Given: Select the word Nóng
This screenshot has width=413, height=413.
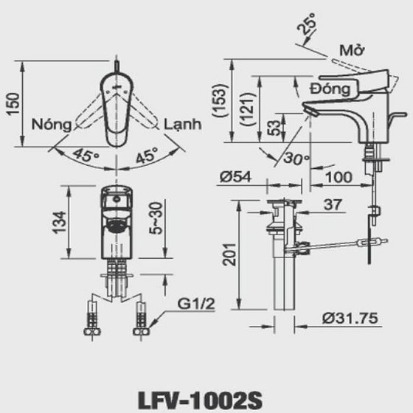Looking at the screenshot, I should point(52,124).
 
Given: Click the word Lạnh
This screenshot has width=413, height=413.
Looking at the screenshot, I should point(182,124).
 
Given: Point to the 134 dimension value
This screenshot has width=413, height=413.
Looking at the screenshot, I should point(63,221).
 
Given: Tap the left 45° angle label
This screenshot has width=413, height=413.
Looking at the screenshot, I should point(86,156).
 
